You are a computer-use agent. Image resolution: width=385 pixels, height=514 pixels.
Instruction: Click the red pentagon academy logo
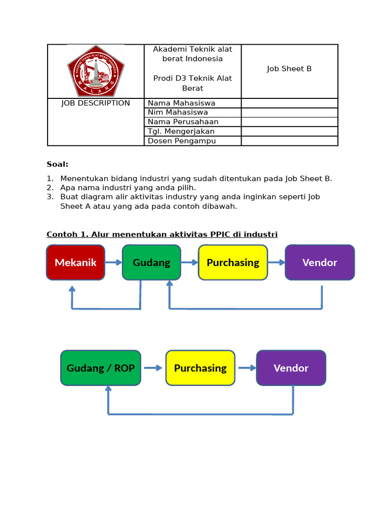(96, 71)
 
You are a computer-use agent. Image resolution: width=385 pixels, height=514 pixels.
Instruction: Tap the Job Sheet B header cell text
(289, 69)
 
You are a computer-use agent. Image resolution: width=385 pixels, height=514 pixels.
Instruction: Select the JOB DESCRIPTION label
(96, 103)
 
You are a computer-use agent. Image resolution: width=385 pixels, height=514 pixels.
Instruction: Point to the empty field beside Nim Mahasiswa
(289, 112)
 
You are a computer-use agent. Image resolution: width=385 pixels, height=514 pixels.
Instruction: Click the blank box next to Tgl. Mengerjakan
(289, 132)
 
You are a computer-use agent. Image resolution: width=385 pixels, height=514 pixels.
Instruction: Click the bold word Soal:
(58, 164)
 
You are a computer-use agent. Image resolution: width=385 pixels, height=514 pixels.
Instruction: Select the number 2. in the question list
(50, 188)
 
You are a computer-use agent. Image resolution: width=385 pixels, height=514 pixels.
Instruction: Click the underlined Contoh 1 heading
(162, 234)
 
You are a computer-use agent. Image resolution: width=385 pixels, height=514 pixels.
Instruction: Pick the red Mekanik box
(76, 263)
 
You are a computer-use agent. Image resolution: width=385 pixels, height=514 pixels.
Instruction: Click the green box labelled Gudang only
(151, 263)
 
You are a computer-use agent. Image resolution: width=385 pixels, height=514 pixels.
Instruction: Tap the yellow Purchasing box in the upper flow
(233, 263)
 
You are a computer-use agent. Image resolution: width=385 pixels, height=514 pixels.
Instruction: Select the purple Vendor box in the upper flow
(320, 263)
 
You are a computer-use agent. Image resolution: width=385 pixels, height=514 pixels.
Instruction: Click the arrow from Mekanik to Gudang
(114, 263)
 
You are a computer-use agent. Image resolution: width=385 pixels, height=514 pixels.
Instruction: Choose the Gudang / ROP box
(101, 368)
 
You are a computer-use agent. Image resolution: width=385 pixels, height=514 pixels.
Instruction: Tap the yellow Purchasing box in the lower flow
(201, 368)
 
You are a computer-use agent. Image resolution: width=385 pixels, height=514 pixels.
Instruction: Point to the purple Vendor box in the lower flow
(291, 368)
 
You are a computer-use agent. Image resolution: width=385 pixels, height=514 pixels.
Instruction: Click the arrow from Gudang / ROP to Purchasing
(153, 368)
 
